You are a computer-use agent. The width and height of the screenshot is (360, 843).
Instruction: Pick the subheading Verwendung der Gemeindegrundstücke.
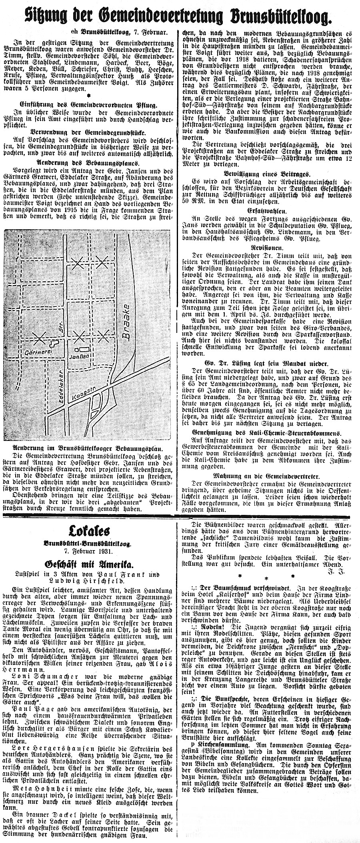pyautogui.click(x=87, y=132)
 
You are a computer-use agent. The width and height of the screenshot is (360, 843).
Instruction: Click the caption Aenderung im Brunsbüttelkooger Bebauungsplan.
pyautogui.click(x=87, y=448)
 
